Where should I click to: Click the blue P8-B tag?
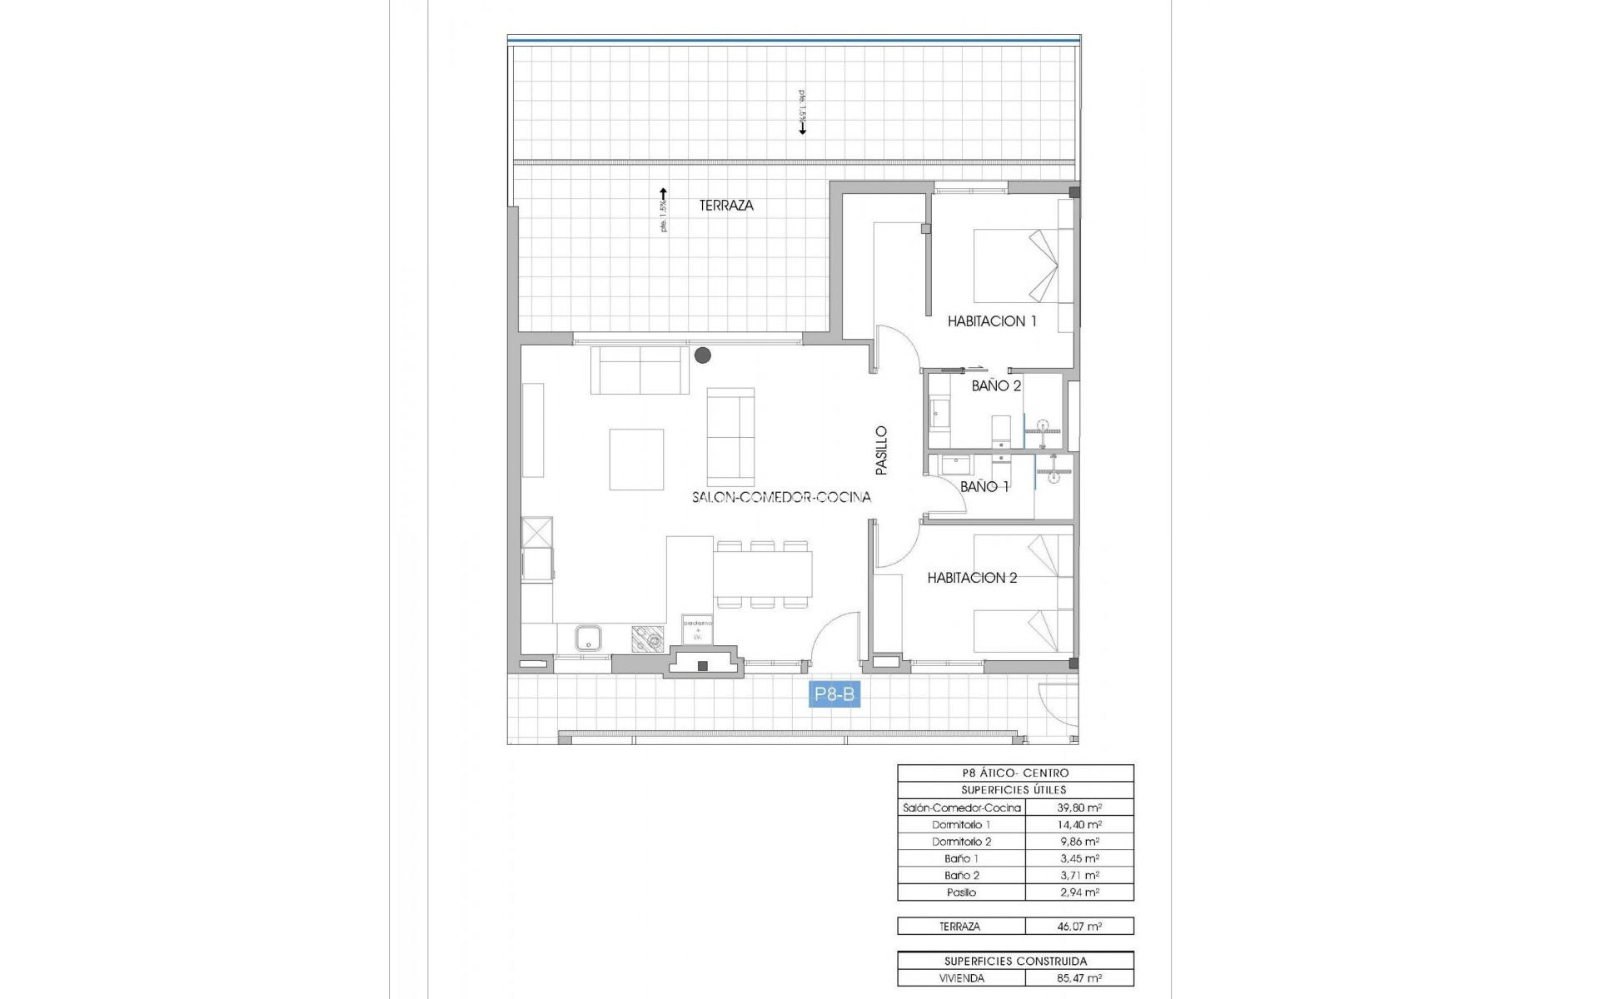[x=834, y=693]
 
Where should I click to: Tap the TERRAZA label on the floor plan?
[x=726, y=205]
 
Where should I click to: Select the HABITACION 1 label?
[x=992, y=321]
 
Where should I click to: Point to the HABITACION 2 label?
[x=972, y=578]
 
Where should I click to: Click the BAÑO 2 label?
[x=996, y=385]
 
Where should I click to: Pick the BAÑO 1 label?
[x=984, y=486]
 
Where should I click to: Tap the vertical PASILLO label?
[x=882, y=450]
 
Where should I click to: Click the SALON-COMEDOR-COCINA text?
[x=781, y=497]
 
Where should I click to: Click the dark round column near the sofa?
[x=703, y=355]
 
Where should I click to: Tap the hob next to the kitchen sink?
[x=647, y=638]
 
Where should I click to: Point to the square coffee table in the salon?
[x=636, y=460]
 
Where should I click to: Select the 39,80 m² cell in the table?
[x=1079, y=808]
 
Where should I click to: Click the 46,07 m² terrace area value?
[x=1079, y=926]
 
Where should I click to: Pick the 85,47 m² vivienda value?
[x=1079, y=978]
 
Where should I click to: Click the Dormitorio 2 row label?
[x=961, y=842]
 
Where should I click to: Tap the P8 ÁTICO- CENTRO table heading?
[x=1015, y=773]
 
